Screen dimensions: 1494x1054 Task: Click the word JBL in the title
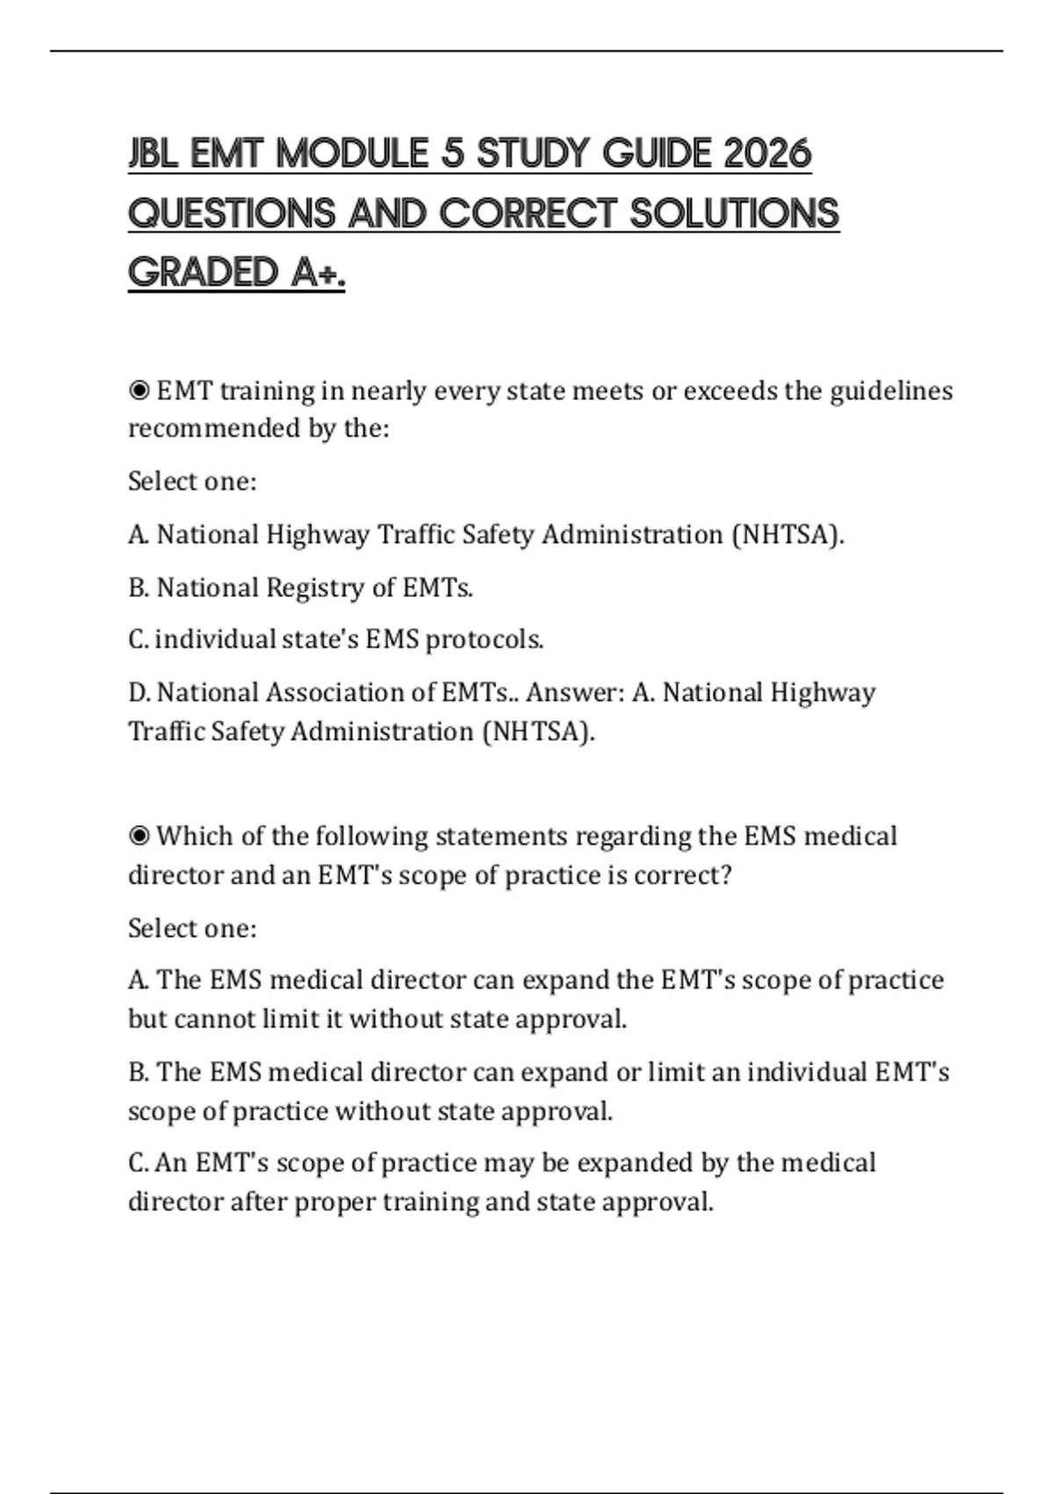tap(154, 155)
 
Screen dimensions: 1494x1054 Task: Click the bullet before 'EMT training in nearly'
tap(139, 390)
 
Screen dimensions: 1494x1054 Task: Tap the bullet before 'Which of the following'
tap(139, 836)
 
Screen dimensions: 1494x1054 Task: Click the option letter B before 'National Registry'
tap(138, 587)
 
